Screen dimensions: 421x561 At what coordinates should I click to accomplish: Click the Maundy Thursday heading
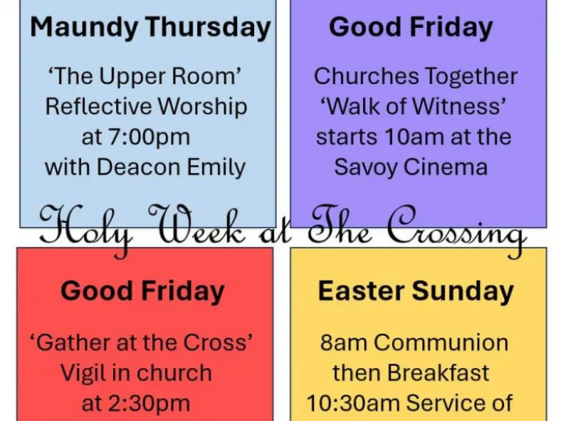pyautogui.click(x=150, y=28)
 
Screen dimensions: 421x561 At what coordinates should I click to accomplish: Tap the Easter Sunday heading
pyautogui.click(x=415, y=292)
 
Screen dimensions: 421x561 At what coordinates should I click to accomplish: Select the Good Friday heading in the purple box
pyautogui.click(x=411, y=27)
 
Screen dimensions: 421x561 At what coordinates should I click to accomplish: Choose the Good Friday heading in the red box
pyautogui.click(x=143, y=292)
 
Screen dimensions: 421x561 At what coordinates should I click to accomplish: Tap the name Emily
pyautogui.click(x=212, y=167)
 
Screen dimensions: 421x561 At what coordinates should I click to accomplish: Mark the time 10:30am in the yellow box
pyautogui.click(x=351, y=404)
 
